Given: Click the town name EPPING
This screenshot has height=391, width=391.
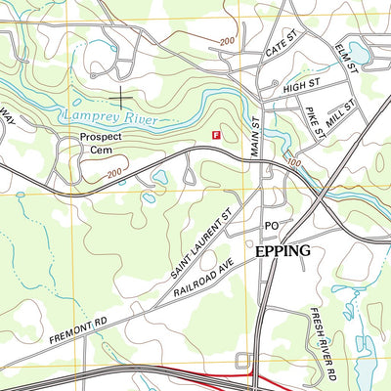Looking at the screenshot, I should [282, 251].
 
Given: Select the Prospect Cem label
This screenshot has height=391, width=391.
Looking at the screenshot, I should [102, 144].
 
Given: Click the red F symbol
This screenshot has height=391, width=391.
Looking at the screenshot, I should [216, 135].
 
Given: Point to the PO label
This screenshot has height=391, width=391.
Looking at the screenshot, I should [273, 227].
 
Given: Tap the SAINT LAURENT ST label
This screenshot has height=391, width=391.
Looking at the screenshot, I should [199, 239].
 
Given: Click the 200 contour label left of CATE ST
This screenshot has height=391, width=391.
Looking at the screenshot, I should [228, 41].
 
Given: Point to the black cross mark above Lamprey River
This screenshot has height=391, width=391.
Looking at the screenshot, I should [121, 97].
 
